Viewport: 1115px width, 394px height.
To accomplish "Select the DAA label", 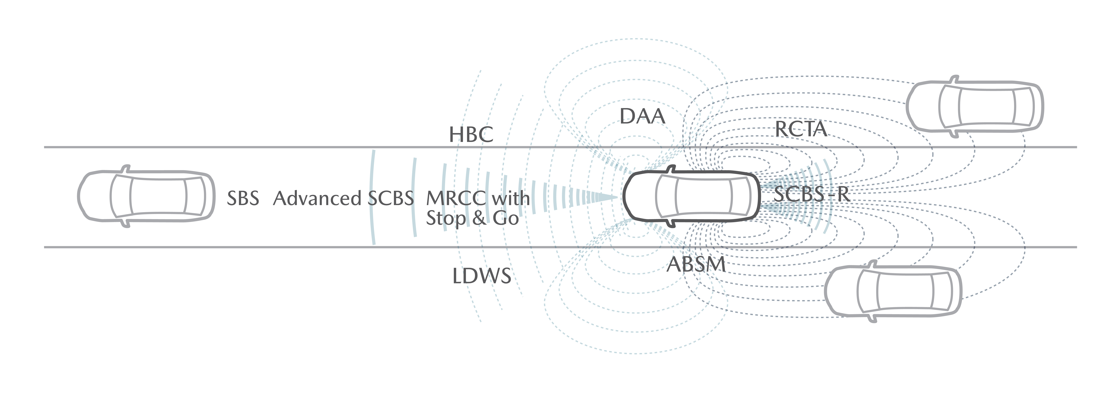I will [642, 116].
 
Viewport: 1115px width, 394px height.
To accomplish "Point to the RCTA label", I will [801, 129].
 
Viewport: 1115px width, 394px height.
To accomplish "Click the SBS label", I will [243, 198].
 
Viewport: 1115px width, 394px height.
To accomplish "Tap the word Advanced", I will [317, 198].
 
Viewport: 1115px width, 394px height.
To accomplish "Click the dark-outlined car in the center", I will [691, 196].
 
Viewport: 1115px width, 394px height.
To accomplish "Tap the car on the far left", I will [146, 196].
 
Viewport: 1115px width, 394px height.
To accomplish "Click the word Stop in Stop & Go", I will [446, 218].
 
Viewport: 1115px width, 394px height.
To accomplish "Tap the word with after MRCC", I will [511, 198].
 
